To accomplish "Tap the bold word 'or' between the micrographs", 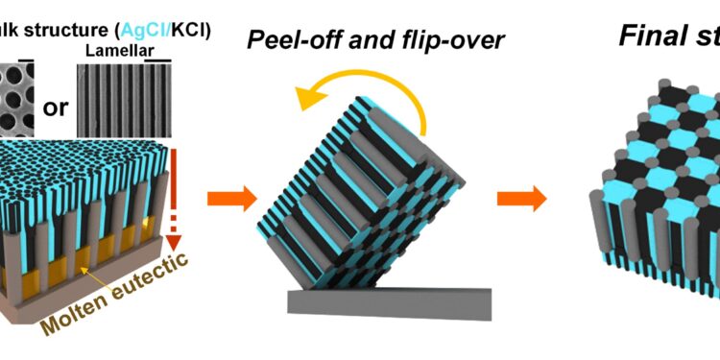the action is point(56,106).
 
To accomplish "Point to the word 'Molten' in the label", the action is point(76,309).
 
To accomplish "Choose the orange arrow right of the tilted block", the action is point(521,199).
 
